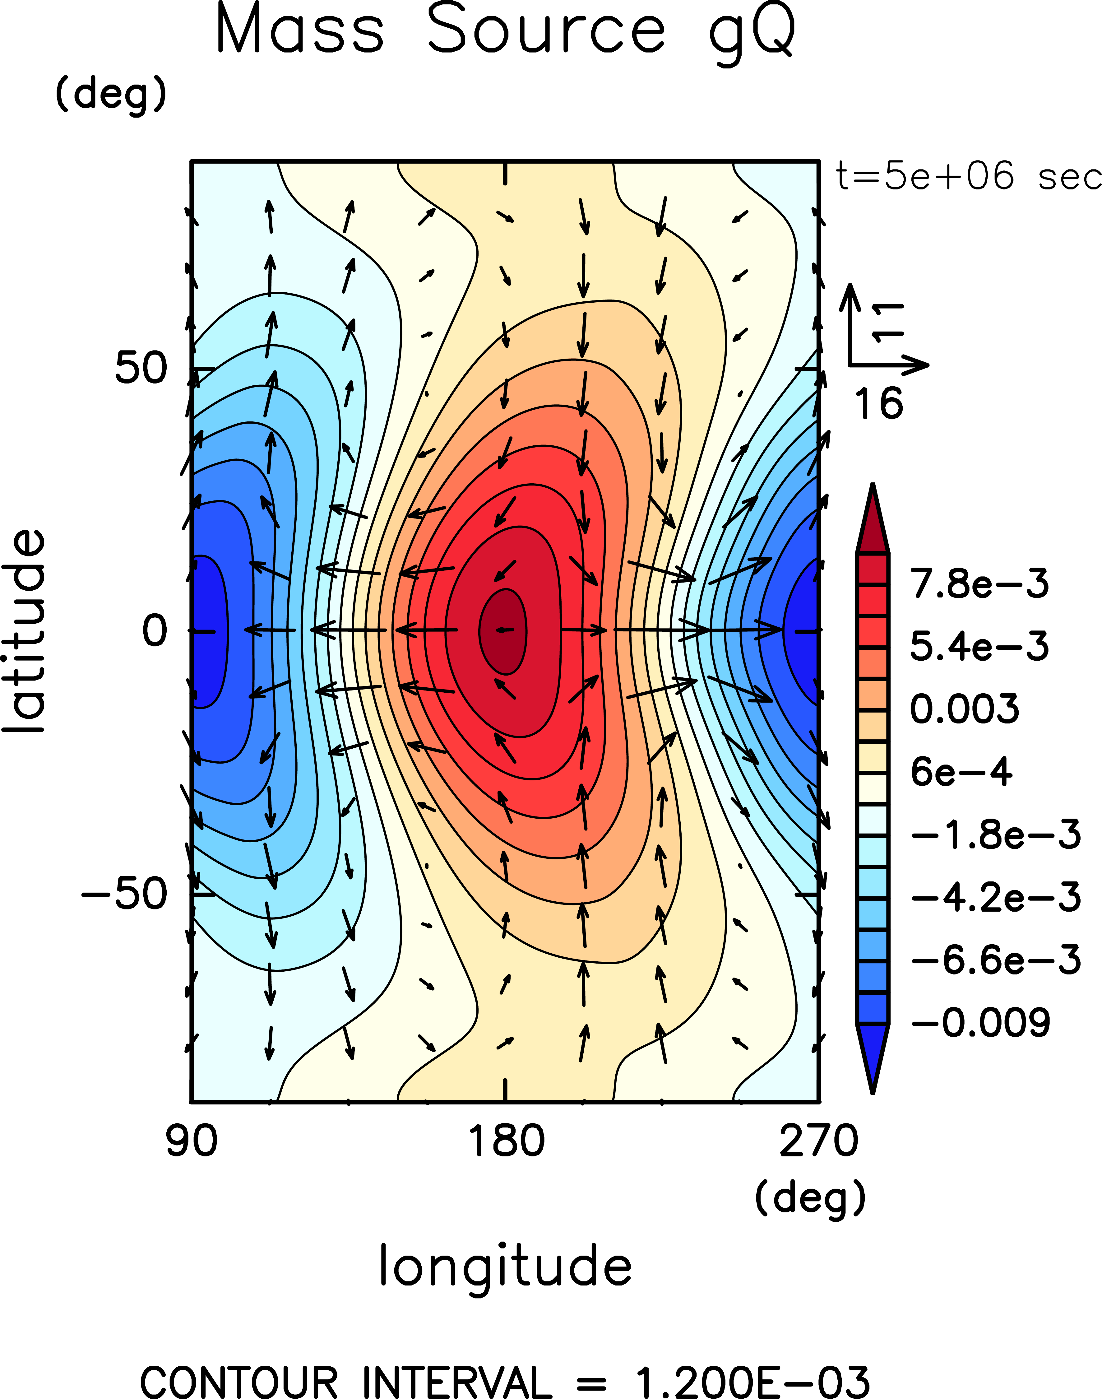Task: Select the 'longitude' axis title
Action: point(505,1266)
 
